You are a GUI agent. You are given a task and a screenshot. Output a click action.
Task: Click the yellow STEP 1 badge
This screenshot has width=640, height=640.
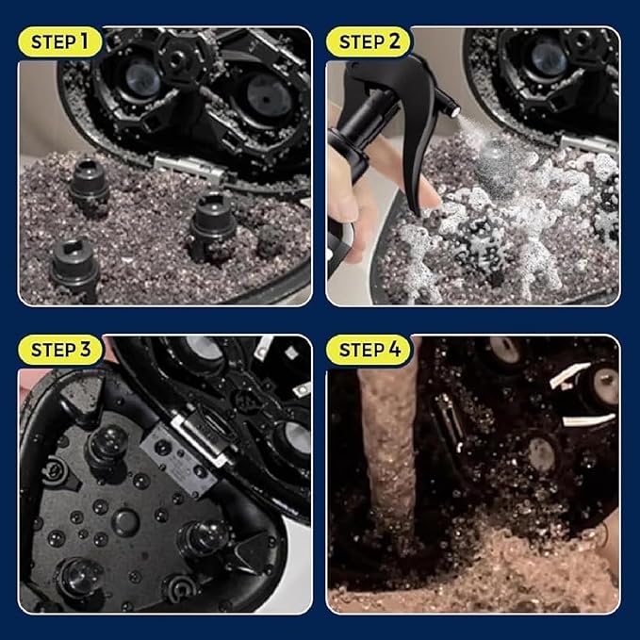coord(59,41)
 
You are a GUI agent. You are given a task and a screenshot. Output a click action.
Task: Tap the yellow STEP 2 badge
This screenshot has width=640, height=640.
coord(369,41)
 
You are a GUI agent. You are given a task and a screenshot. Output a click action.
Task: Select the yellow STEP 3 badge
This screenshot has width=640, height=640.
coord(60,350)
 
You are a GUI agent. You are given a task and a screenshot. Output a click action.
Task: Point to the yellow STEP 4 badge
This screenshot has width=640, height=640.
coord(369,350)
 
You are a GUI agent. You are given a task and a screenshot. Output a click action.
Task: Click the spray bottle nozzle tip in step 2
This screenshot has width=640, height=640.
coord(455,112)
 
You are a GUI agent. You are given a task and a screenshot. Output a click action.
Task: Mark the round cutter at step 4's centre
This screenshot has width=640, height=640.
coord(541,451)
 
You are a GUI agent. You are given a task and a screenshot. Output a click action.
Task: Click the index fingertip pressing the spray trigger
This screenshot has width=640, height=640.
coord(429,199)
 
